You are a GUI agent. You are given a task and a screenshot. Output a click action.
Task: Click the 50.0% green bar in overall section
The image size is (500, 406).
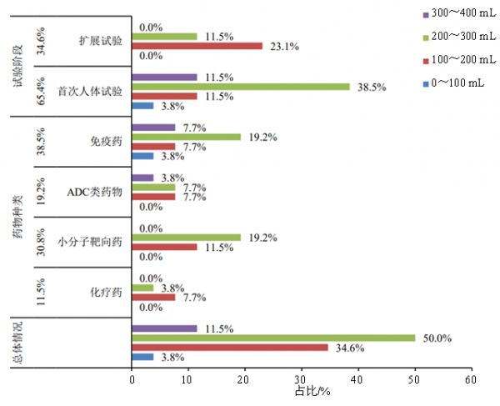(273, 338)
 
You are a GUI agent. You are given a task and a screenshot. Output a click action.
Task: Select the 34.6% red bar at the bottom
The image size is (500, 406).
(229, 347)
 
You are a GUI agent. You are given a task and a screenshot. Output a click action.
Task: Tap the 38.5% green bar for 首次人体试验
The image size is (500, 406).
(240, 87)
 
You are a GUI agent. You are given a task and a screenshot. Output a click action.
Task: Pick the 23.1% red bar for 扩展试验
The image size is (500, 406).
(197, 46)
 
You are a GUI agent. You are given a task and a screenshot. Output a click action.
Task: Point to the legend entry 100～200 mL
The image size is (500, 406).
(455, 58)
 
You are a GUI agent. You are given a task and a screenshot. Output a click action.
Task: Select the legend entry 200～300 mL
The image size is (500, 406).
(455, 37)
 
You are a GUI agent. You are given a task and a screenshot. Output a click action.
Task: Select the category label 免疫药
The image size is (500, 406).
(107, 142)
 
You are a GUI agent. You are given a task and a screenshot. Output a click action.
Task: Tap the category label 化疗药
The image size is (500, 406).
(107, 293)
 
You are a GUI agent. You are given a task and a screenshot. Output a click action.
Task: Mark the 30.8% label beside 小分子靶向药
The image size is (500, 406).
(42, 243)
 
